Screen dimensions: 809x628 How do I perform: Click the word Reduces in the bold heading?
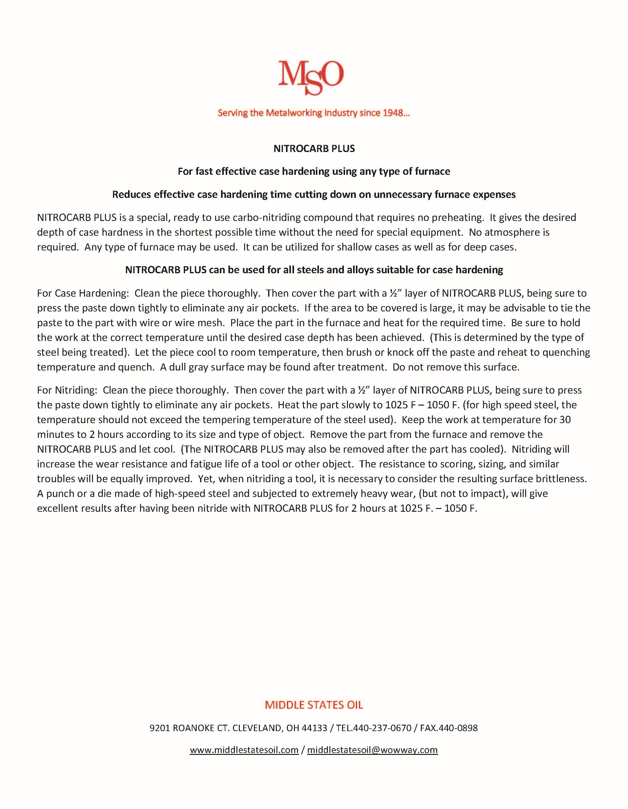point(131,194)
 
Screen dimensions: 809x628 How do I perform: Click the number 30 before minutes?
point(565,420)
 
